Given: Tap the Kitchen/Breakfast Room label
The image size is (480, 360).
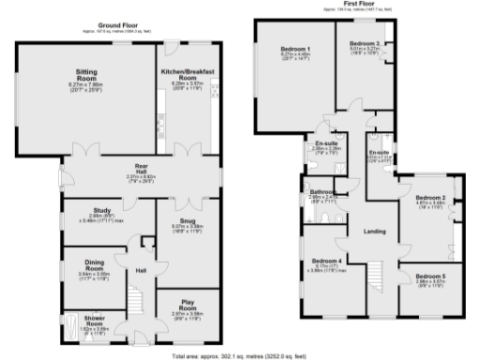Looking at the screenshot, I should [x=185, y=76].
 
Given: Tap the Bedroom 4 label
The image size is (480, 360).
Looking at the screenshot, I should [x=325, y=261].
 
